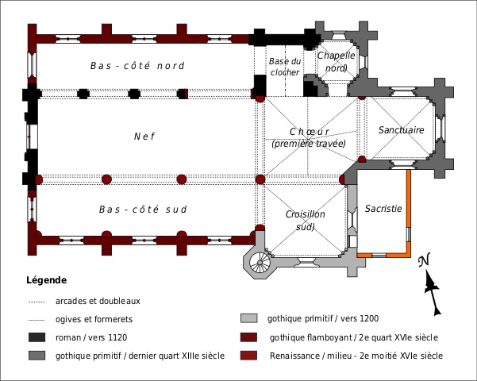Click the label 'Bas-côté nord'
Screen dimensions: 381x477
coord(137,66)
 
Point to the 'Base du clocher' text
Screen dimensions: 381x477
coord(284,67)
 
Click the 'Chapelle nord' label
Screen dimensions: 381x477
coord(335,61)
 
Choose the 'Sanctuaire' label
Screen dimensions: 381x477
coord(401,129)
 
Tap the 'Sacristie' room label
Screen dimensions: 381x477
coord(384,208)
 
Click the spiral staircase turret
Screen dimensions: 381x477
coord(261,262)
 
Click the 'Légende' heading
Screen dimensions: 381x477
coord(47,280)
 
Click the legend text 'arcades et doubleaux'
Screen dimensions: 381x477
coord(98,301)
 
